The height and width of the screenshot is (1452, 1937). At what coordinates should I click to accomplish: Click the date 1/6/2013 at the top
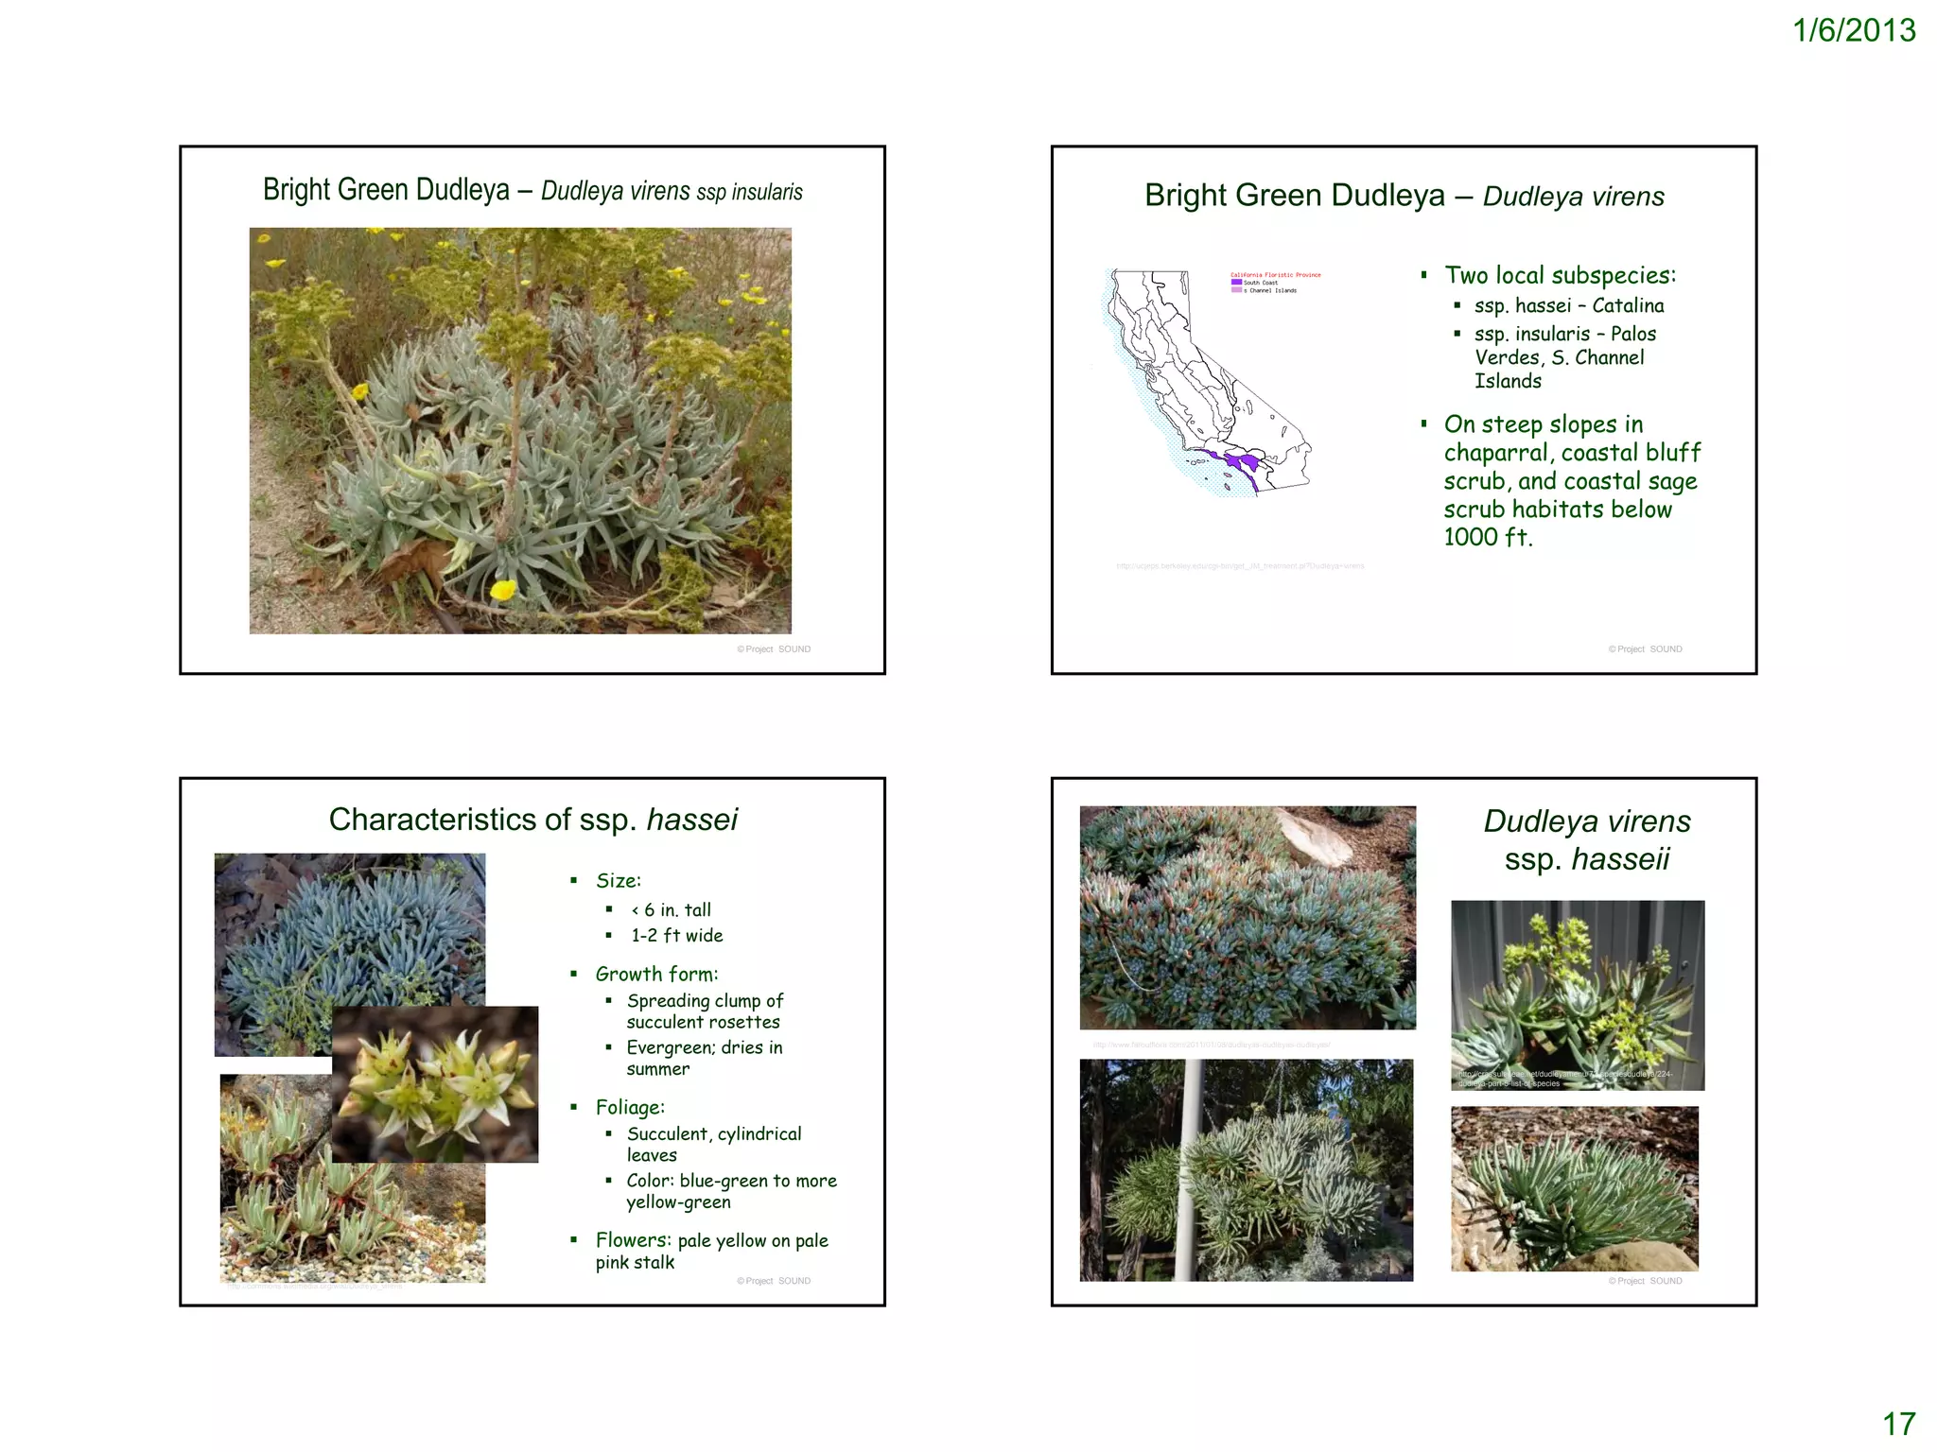1853,31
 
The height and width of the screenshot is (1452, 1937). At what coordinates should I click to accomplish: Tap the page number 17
1898,1424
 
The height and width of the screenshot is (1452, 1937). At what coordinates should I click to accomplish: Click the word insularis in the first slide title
767,192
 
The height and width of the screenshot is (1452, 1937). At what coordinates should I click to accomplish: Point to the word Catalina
1628,305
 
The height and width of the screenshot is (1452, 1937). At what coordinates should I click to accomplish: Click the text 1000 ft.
1487,537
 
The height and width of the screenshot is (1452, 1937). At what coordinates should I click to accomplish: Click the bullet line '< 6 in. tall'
671,909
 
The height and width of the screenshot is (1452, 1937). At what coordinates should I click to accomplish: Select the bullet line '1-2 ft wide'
676,935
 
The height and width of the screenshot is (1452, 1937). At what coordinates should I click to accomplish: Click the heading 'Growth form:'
656,974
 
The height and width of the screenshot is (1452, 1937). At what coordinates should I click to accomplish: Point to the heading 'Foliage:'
630,1107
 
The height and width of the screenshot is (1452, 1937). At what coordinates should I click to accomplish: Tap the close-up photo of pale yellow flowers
435,1083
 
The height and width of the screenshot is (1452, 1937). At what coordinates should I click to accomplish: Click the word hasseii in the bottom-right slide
1620,858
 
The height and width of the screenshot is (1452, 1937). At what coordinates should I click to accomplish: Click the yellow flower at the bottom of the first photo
503,590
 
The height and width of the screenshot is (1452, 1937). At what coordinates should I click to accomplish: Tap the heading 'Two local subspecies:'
1560,275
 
